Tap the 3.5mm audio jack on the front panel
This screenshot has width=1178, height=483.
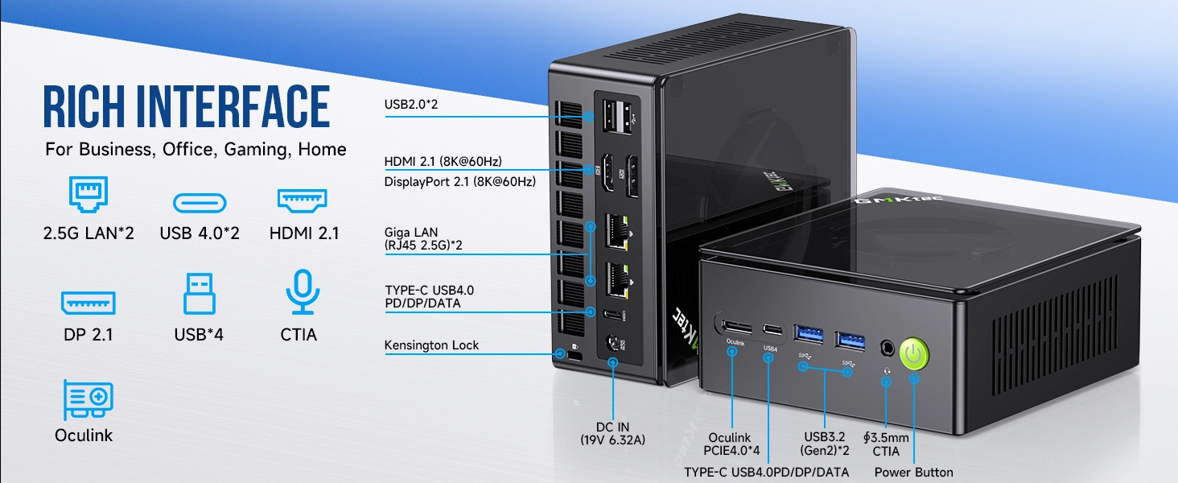[887, 349]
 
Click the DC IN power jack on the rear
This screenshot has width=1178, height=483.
[614, 344]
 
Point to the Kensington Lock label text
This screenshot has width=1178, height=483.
[431, 345]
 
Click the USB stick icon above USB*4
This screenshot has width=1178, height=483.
[199, 294]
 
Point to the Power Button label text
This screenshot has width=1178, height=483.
[913, 473]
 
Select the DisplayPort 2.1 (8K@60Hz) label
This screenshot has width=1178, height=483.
[459, 181]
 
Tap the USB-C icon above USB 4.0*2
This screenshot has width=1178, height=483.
[200, 201]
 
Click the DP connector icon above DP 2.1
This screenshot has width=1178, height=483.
[88, 303]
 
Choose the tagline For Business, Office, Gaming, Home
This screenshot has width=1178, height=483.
[196, 149]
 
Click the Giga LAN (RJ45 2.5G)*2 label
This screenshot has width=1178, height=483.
[423, 239]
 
